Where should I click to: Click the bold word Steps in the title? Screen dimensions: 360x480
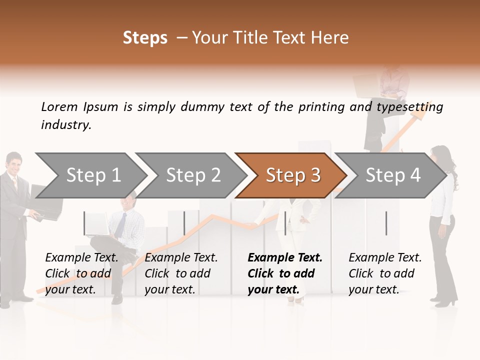click(x=145, y=38)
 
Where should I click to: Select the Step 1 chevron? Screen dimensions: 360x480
click(x=93, y=175)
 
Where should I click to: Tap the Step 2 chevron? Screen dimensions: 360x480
click(x=193, y=175)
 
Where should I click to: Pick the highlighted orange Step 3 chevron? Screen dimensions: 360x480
click(x=292, y=175)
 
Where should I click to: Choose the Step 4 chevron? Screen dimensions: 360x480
click(x=392, y=175)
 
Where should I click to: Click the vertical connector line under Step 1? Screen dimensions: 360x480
click(x=84, y=223)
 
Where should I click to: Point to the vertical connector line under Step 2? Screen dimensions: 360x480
click(x=184, y=223)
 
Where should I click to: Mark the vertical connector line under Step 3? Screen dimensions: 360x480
click(x=285, y=223)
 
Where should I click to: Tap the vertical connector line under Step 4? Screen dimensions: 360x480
click(x=386, y=223)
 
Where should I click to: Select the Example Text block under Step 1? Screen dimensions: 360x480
click(x=81, y=273)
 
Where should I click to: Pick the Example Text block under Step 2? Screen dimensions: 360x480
click(x=181, y=273)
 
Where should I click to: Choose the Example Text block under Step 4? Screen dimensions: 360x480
click(x=385, y=273)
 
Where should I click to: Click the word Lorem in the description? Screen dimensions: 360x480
click(x=59, y=107)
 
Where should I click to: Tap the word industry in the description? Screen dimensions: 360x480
click(x=66, y=125)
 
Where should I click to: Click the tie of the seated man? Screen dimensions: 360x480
click(x=120, y=225)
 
